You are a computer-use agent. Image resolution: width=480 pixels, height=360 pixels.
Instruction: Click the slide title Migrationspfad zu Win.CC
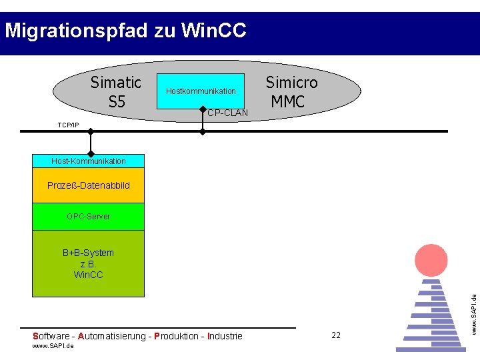125,31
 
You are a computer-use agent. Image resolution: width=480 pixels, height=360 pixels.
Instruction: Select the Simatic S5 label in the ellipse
116,92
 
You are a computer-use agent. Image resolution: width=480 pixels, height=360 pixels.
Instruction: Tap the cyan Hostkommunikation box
201,91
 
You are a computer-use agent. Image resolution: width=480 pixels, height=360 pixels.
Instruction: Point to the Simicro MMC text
291,92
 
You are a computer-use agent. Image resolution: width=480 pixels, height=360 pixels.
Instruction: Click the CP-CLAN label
227,113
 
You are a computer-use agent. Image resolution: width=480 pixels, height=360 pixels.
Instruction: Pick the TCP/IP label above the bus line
68,125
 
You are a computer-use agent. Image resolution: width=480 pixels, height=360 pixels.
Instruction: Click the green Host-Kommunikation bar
88,161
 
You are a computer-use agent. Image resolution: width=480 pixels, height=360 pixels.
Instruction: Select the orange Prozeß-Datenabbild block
88,185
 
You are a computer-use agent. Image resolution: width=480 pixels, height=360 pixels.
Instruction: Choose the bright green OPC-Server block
88,217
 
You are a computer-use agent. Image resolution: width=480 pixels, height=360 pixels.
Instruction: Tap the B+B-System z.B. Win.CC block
88,263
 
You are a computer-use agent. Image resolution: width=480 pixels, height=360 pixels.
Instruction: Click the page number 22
336,335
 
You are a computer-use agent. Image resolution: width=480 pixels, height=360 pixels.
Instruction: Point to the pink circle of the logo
431,261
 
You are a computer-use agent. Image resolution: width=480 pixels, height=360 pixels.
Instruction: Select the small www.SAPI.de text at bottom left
53,346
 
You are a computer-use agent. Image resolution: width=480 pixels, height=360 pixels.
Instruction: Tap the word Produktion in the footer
179,336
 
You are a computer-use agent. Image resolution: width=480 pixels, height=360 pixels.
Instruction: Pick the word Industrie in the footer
225,336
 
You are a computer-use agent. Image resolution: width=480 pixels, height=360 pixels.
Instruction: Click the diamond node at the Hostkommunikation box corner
203,108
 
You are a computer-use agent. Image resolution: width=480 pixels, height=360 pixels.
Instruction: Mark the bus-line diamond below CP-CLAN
203,132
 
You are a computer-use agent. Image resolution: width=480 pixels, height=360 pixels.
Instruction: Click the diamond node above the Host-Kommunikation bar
90,132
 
